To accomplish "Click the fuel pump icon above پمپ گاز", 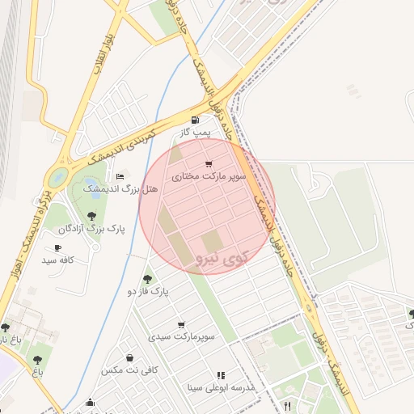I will click(x=194, y=120).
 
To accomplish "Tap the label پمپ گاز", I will click(x=195, y=132).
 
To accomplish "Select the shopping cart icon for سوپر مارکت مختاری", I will click(x=209, y=163).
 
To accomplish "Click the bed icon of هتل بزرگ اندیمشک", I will click(x=120, y=176).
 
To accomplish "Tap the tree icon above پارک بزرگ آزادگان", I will click(x=91, y=216).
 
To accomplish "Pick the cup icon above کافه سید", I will click(x=57, y=248).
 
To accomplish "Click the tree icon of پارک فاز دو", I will click(x=146, y=278).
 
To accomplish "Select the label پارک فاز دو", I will click(x=146, y=291).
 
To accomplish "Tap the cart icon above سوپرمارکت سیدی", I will click(x=180, y=324).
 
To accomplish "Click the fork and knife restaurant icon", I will click(x=287, y=405).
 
